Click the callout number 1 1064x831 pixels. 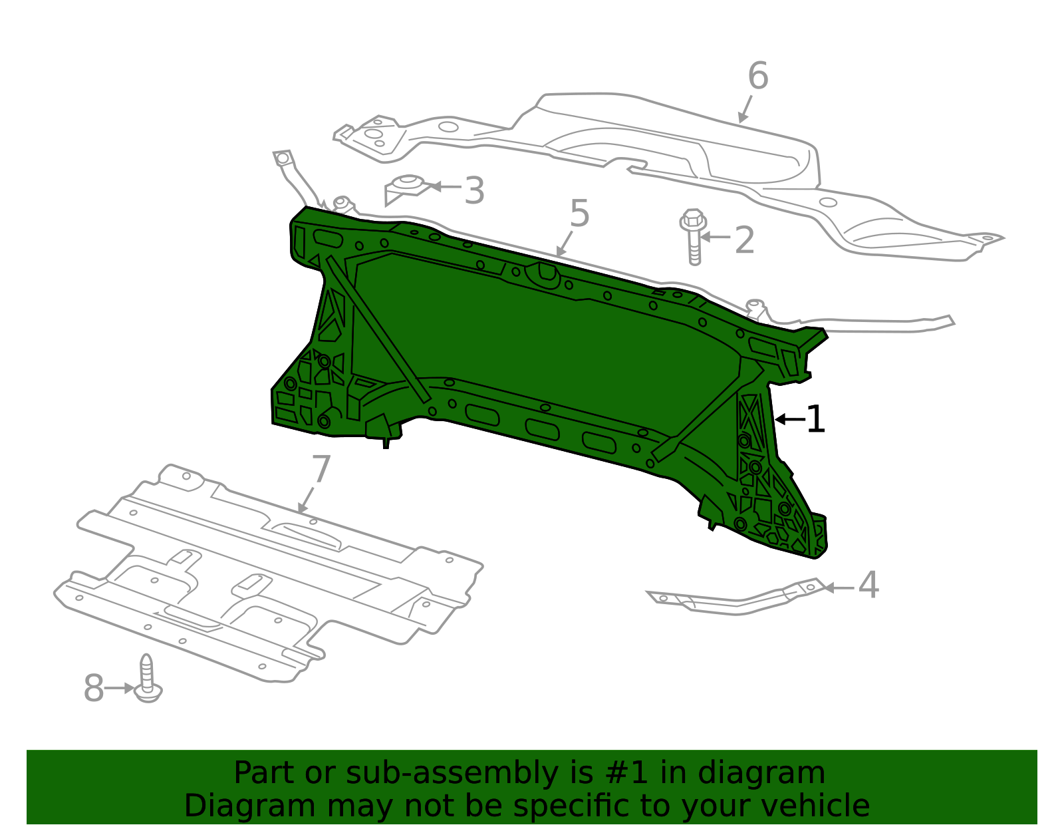click(x=815, y=420)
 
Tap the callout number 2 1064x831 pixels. click(x=745, y=240)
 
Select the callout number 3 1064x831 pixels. click(x=474, y=191)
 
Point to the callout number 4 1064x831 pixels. click(x=868, y=585)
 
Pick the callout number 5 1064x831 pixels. click(x=580, y=214)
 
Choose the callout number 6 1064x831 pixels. click(x=758, y=76)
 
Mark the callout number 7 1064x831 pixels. click(x=321, y=470)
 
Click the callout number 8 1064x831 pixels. click(x=94, y=689)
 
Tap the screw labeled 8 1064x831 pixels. click(x=148, y=679)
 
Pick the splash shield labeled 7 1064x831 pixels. click(x=266, y=572)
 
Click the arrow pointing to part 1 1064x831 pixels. click(x=789, y=419)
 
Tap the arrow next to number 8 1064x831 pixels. click(x=120, y=688)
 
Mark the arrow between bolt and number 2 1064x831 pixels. click(x=716, y=237)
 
